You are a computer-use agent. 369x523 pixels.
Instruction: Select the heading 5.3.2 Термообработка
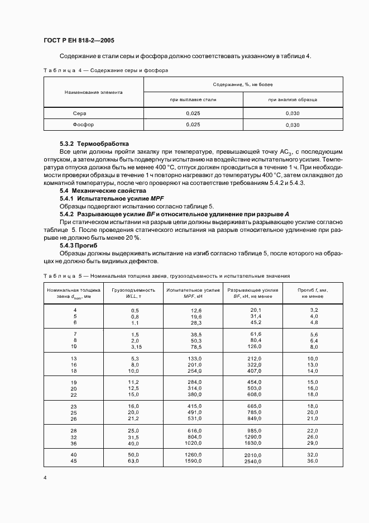[94, 144]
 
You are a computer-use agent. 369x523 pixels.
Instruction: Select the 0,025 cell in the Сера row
[193, 113]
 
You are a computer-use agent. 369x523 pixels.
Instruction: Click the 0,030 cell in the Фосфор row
[293, 125]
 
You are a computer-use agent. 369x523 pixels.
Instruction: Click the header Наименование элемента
[94, 92]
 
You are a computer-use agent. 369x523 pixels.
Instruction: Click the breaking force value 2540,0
[253, 462]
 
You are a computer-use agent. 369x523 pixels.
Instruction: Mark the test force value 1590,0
[193, 462]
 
